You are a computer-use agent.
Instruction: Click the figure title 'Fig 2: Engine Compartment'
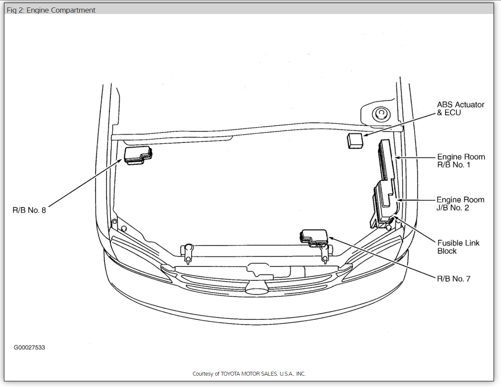coord(51,10)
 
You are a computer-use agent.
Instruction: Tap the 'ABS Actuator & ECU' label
coord(460,108)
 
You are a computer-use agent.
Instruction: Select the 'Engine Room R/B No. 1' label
coord(461,161)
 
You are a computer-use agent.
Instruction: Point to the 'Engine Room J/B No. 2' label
coord(460,204)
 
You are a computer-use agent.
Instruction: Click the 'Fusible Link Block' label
coord(458,247)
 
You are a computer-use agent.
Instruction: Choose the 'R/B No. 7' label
coord(453,278)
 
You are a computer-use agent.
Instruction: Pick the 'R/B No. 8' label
coord(29,210)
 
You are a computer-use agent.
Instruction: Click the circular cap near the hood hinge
coord(380,115)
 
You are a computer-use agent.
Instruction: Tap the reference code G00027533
coord(29,348)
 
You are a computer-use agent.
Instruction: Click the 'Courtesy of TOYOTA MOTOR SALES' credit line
coord(249,374)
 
